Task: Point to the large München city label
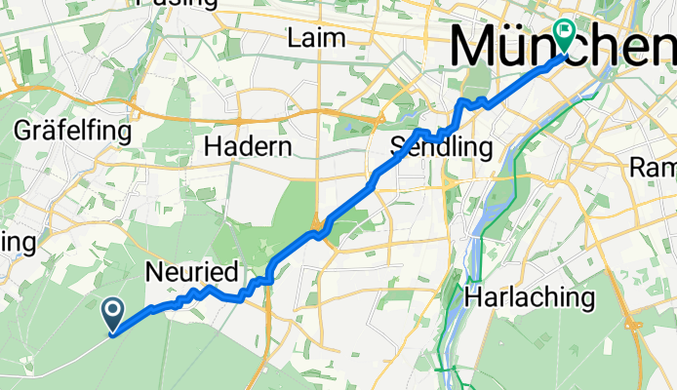[x=564, y=47]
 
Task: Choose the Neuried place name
[x=190, y=272]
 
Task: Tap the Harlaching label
[x=531, y=296]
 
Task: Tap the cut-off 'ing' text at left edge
[x=18, y=240]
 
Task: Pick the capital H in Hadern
[x=211, y=146]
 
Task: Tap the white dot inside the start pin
[x=112, y=311]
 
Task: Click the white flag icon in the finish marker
[x=564, y=31]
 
